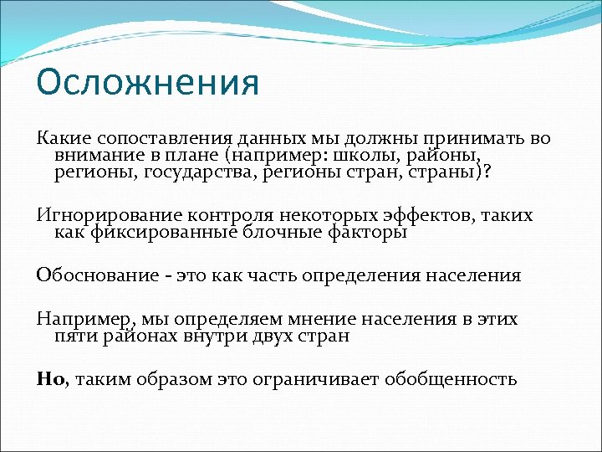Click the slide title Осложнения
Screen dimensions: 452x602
[x=148, y=84]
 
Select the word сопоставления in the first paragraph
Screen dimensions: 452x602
[x=145, y=139]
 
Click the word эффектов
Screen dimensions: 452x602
[x=434, y=216]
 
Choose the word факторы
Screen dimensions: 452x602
[x=368, y=233]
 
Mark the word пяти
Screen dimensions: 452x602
[x=72, y=336]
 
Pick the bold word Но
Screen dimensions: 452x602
[x=48, y=379]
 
